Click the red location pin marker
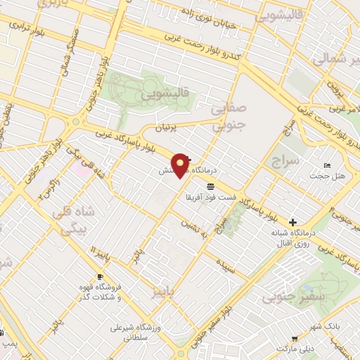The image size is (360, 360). point(181,165)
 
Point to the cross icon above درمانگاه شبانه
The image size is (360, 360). point(292,221)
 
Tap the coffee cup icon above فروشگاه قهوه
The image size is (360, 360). point(100,277)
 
